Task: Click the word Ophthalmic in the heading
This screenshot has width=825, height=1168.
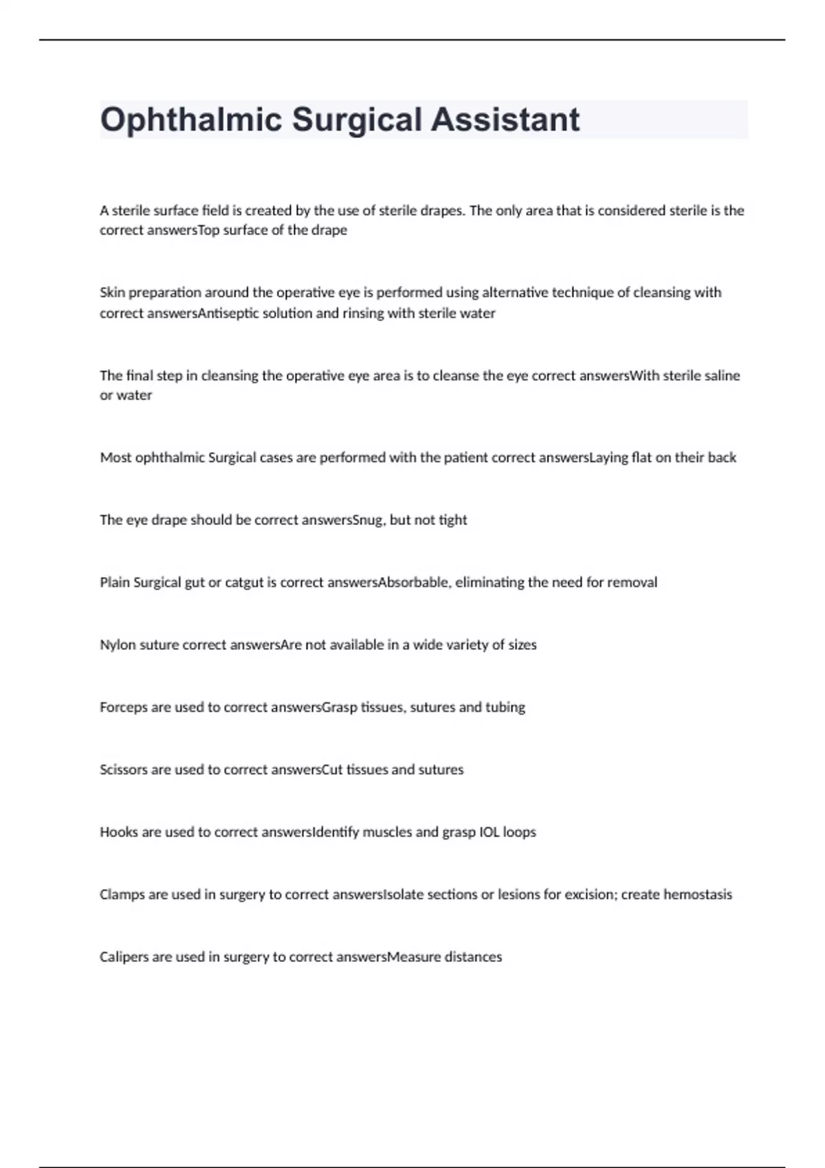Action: [191, 120]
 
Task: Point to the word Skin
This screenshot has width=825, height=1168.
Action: [112, 293]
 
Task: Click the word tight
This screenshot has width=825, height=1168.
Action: [452, 520]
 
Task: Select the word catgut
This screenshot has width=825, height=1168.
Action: [244, 583]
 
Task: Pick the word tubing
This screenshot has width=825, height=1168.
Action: [505, 708]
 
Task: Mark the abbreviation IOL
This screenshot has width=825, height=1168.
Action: [489, 833]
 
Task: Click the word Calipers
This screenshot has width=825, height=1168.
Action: [125, 958]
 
